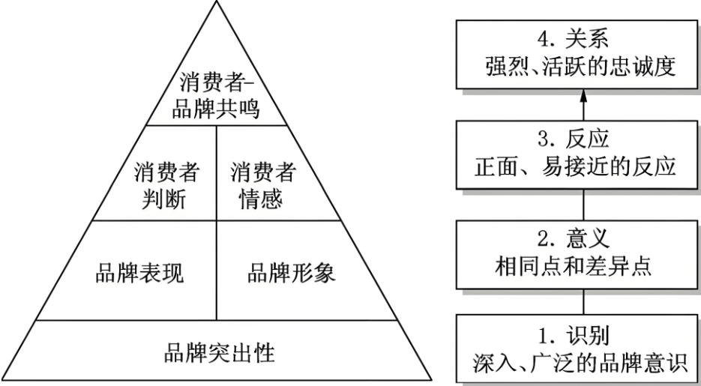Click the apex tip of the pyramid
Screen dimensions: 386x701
[218, 2]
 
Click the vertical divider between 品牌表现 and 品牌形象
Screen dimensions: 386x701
[217, 271]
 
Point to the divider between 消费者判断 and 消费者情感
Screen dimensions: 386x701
[217, 173]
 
